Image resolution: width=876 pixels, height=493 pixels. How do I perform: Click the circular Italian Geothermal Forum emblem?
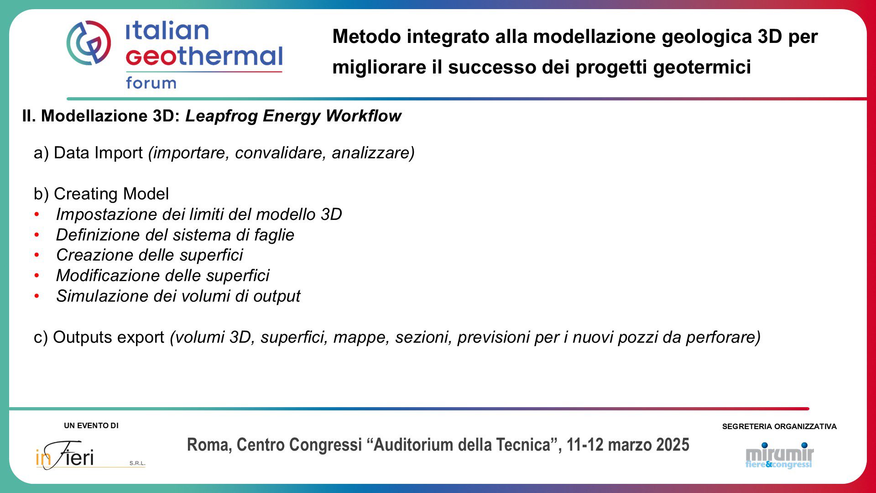click(89, 42)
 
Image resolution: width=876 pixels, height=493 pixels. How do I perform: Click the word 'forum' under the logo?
click(151, 83)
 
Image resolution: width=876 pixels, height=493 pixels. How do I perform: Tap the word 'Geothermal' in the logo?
click(204, 56)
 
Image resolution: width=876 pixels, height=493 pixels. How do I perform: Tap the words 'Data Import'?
click(98, 153)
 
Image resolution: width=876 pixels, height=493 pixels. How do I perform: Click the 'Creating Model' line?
click(101, 194)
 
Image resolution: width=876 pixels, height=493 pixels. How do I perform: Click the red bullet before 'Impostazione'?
click(36, 214)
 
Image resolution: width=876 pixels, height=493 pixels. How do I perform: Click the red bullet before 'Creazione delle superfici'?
click(36, 255)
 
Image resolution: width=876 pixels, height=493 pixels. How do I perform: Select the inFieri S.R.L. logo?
click(90, 455)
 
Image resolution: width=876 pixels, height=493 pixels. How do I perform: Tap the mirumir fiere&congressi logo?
click(779, 455)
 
